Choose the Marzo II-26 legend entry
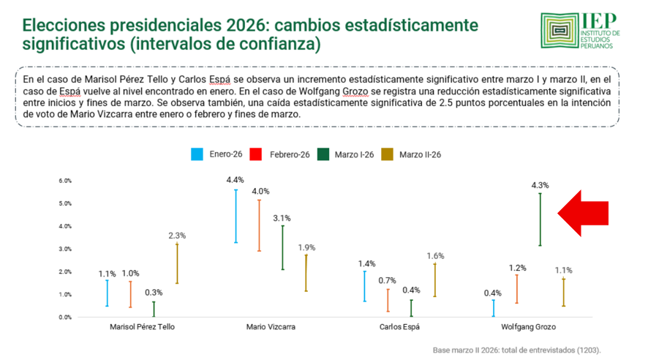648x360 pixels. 412,154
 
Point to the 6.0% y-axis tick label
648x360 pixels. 65,181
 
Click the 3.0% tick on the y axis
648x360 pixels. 65,249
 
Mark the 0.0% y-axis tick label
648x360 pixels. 65,318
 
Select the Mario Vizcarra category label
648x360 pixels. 271,327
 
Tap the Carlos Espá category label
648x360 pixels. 400,327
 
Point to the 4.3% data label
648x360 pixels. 540,185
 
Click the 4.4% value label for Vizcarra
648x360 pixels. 235,179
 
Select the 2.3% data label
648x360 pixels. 177,236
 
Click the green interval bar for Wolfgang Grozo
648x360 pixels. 540,220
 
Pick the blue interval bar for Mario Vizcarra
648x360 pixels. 235,216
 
